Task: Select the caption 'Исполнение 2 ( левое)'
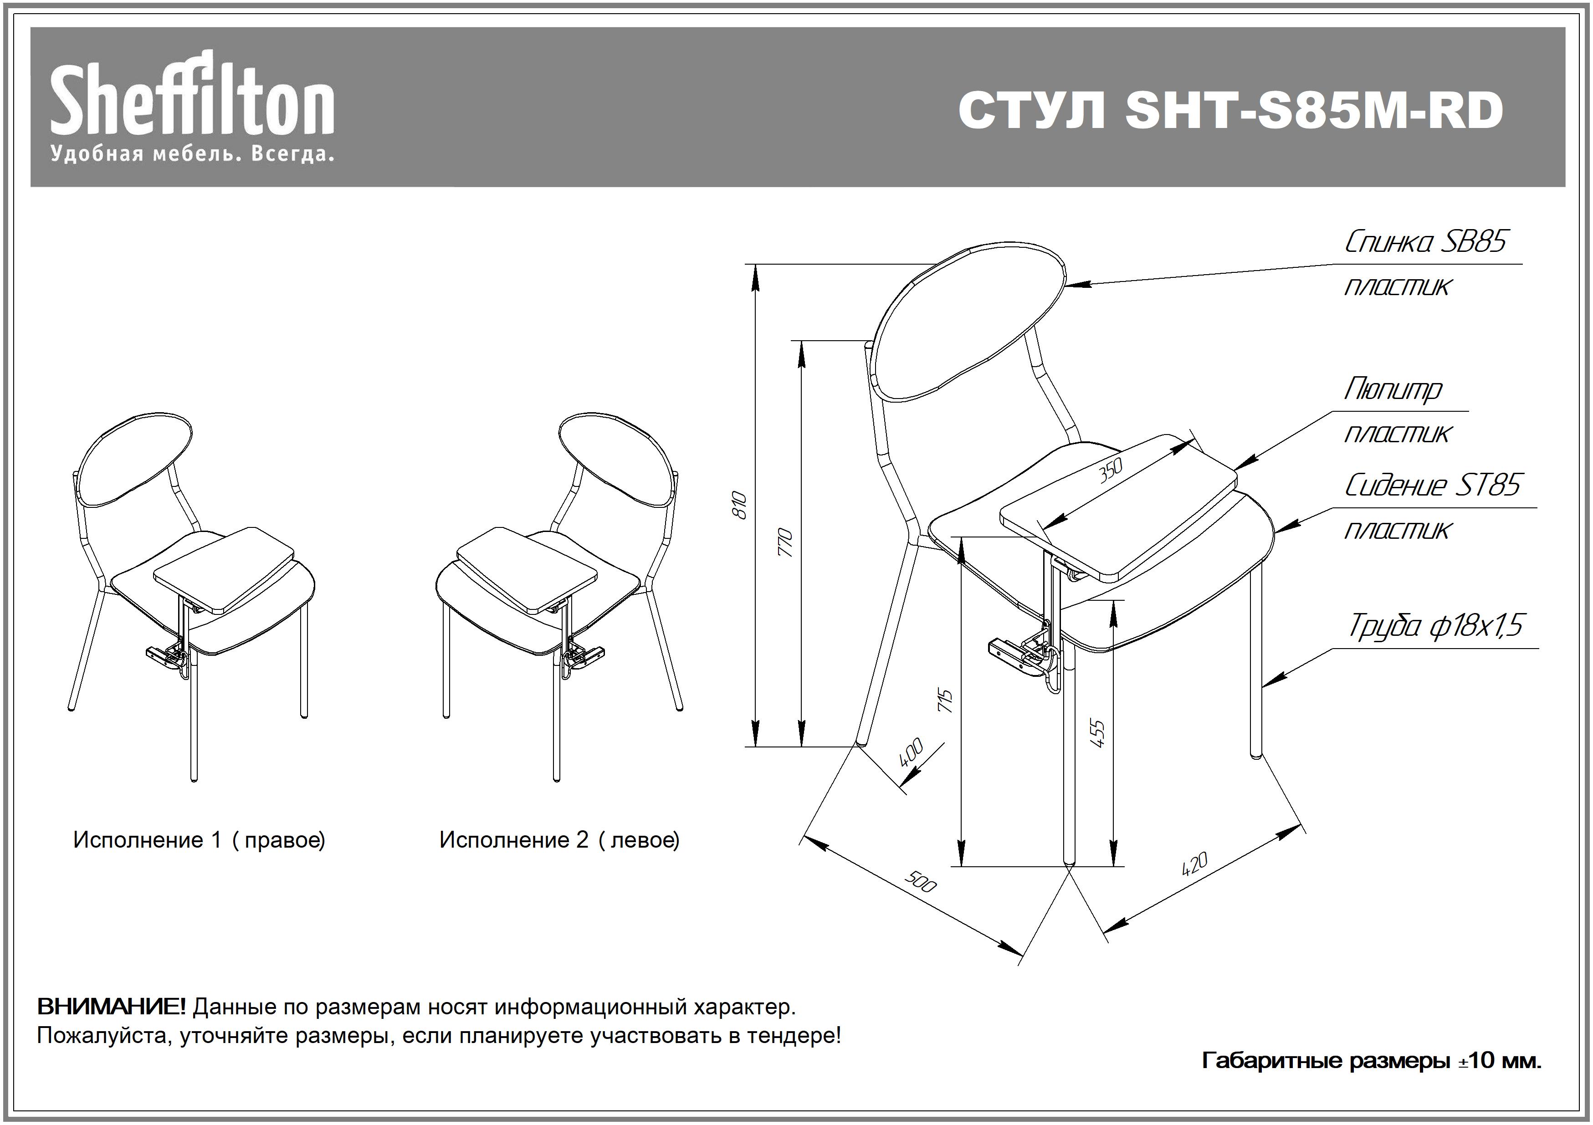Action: [559, 840]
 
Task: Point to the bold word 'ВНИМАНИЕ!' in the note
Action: [111, 1007]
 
